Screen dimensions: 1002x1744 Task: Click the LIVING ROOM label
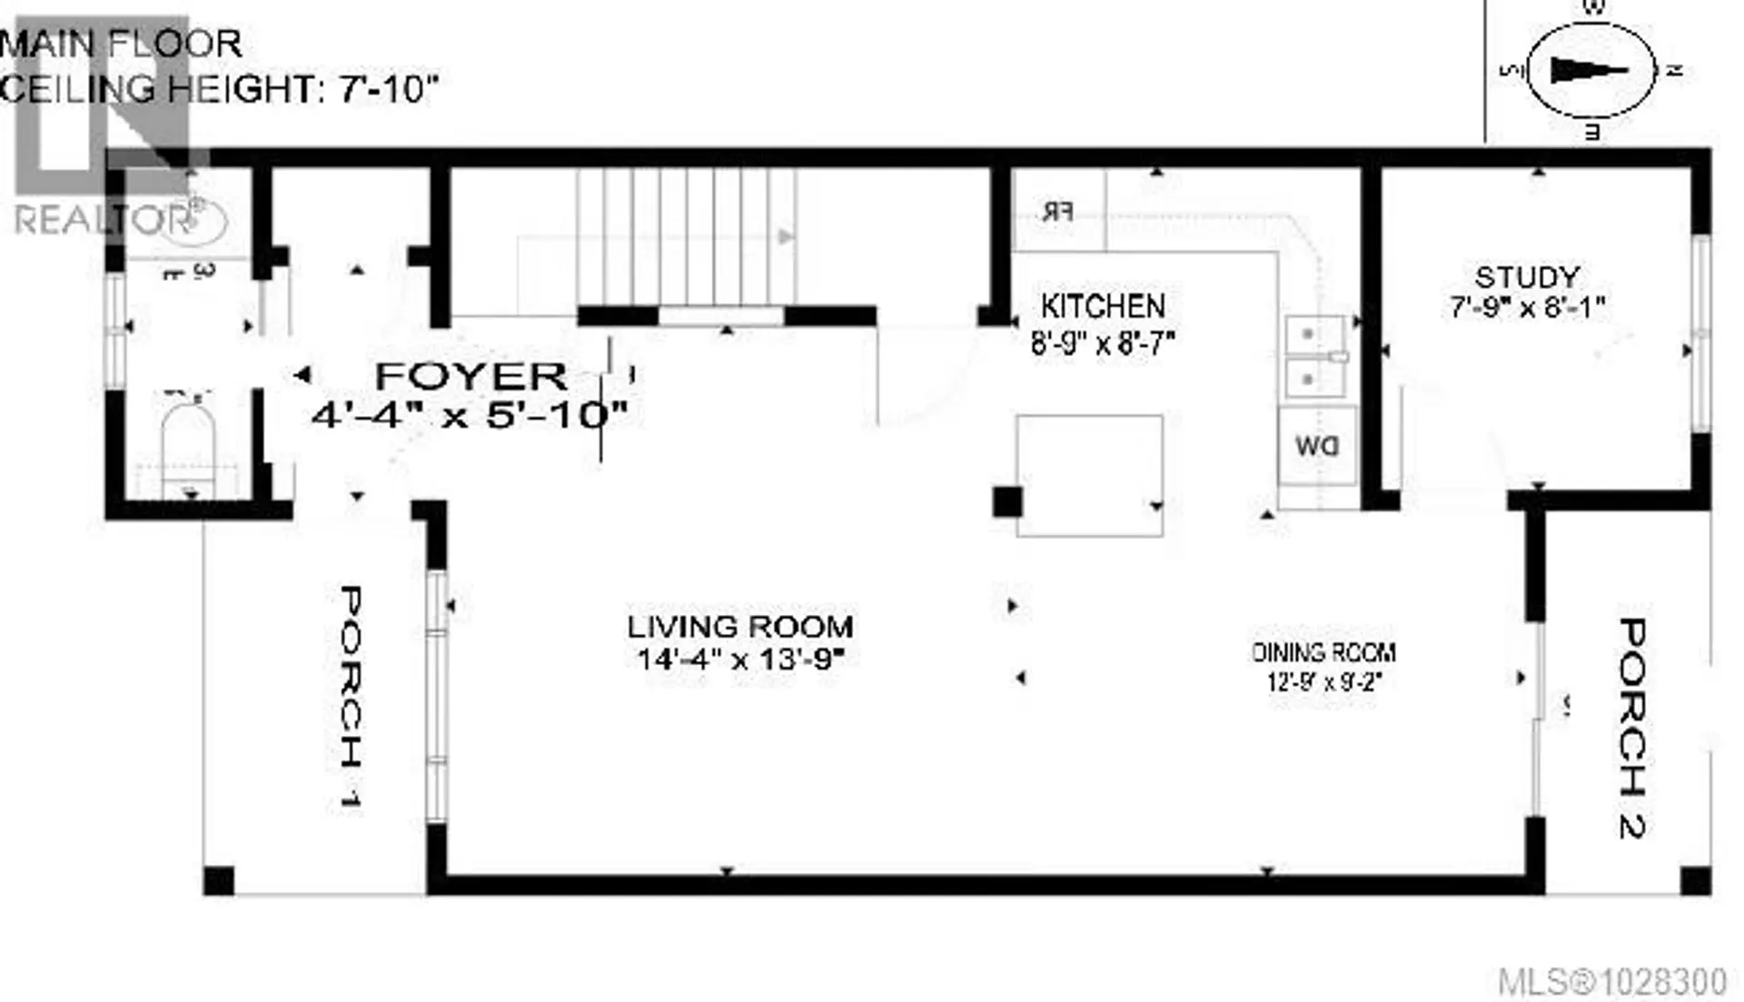pyautogui.click(x=739, y=627)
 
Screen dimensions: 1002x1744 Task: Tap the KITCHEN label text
pyautogui.click(x=1103, y=306)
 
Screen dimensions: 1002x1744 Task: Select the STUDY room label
pyautogui.click(x=1527, y=277)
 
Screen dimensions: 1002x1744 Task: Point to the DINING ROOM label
pyautogui.click(x=1324, y=652)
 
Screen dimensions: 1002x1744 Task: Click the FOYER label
pyautogui.click(x=471, y=376)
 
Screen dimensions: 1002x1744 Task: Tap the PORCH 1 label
pyautogui.click(x=350, y=698)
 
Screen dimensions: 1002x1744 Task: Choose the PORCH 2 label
pyautogui.click(x=1631, y=727)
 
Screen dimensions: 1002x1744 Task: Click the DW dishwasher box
pyautogui.click(x=1317, y=446)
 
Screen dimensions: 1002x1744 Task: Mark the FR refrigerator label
pyautogui.click(x=1058, y=213)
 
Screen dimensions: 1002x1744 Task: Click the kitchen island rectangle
pyautogui.click(x=1089, y=475)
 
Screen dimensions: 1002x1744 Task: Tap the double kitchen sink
pyautogui.click(x=1314, y=356)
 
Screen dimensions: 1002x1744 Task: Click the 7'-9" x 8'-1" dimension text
pyautogui.click(x=1527, y=309)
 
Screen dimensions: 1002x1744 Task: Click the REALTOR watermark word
pyautogui.click(x=102, y=221)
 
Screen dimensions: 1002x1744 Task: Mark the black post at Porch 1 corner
pyautogui.click(x=218, y=880)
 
